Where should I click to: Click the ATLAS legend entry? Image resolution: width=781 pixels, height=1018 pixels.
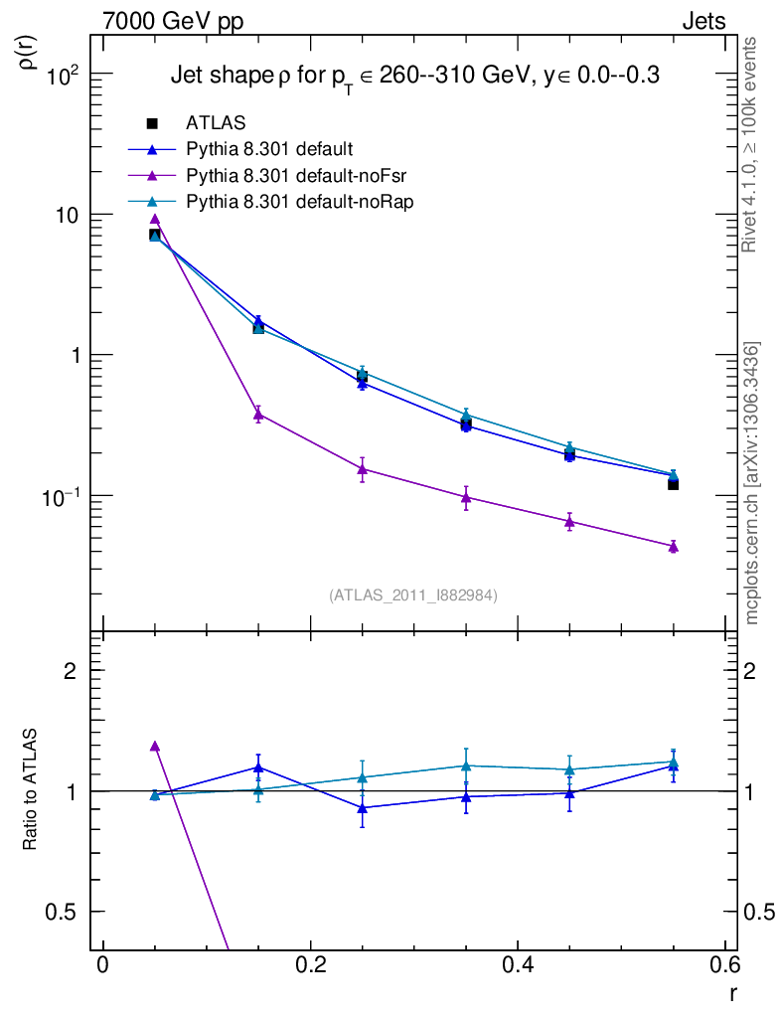point(217,123)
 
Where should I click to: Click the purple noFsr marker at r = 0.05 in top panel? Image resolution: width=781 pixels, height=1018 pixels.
point(154,219)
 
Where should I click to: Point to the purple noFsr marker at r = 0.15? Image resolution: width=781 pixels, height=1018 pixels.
point(258,414)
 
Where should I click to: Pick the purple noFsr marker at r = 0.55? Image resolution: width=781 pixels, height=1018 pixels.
point(673,546)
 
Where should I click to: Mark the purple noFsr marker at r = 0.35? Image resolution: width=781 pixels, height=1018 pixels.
point(466,497)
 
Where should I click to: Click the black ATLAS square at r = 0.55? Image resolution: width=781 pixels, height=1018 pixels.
point(673,484)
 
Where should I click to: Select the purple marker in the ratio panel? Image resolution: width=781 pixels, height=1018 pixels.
point(154,746)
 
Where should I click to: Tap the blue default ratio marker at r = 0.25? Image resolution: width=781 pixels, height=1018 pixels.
point(362,808)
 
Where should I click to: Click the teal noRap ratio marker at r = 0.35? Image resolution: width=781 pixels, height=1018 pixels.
point(466,765)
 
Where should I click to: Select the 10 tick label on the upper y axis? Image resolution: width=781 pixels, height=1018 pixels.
point(71,216)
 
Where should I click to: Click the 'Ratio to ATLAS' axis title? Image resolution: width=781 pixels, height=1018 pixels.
point(31,790)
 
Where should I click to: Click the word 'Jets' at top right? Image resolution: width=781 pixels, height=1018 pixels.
point(703,21)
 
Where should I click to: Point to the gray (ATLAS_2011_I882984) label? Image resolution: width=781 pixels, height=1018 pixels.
point(413,594)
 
